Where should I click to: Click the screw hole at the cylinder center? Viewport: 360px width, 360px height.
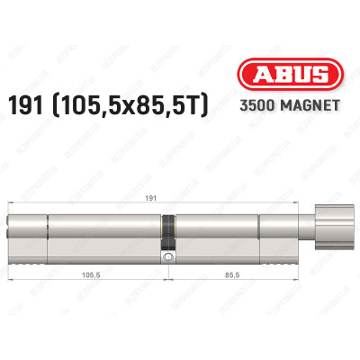point(167,257)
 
